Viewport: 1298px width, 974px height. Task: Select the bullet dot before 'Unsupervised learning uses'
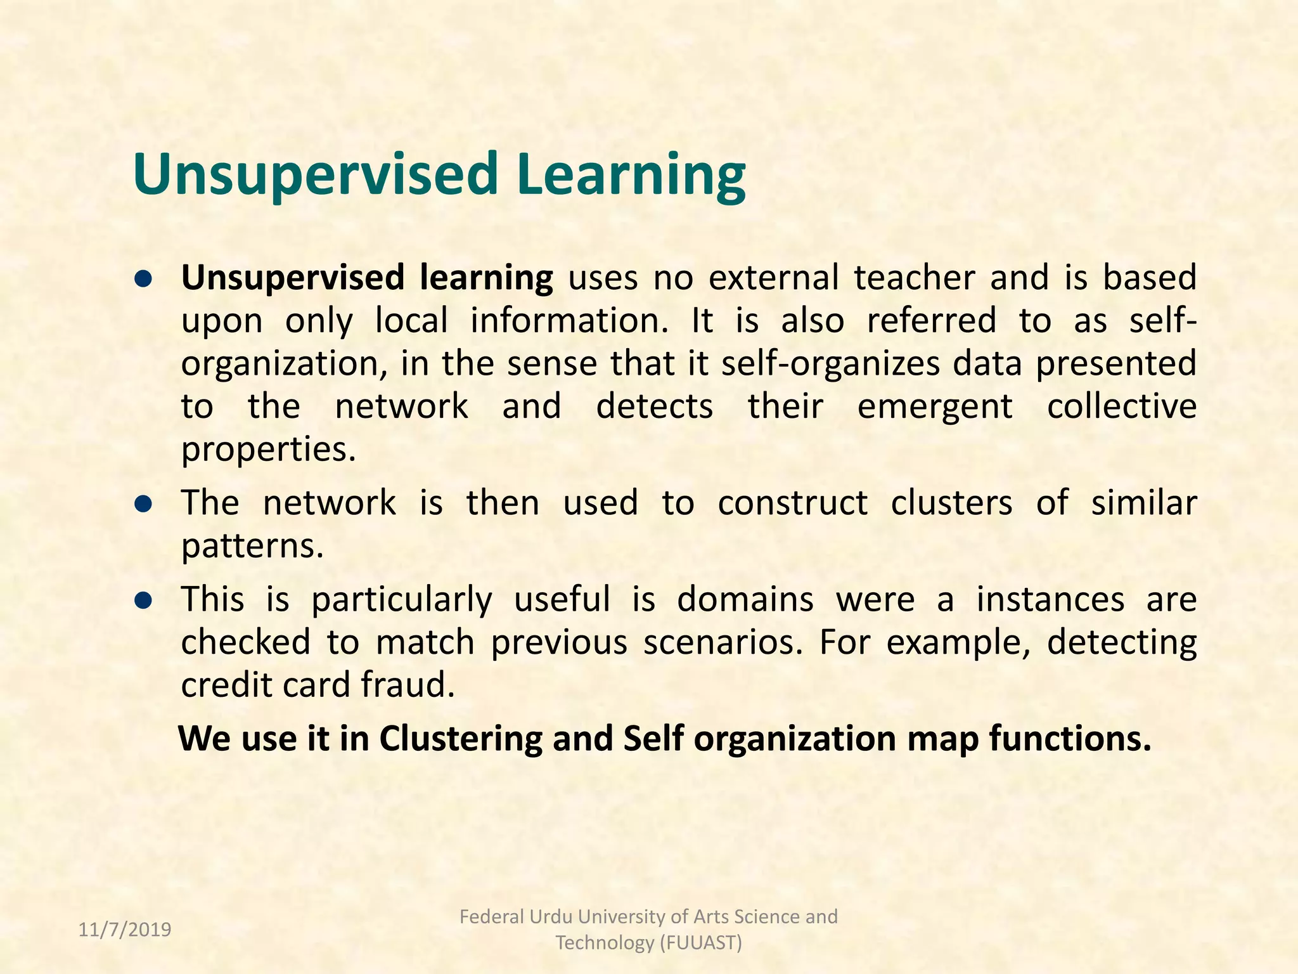pos(145,279)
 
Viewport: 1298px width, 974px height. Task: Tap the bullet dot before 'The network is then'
pos(145,504)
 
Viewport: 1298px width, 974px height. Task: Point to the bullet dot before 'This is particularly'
pos(145,600)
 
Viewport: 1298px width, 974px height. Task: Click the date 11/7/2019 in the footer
pos(125,930)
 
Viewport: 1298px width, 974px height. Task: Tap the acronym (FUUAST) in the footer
pos(700,943)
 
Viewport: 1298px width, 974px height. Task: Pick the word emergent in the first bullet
pos(935,406)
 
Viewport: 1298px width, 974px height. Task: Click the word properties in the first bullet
pos(268,450)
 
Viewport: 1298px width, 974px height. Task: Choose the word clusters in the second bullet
pos(951,503)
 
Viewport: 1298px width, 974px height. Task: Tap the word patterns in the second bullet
pos(252,547)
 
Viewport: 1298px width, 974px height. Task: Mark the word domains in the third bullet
pos(745,599)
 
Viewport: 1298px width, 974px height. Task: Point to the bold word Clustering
pos(461,738)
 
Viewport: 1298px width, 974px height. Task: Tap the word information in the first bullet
pos(569,320)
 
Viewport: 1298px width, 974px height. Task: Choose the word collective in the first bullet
pos(1121,406)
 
